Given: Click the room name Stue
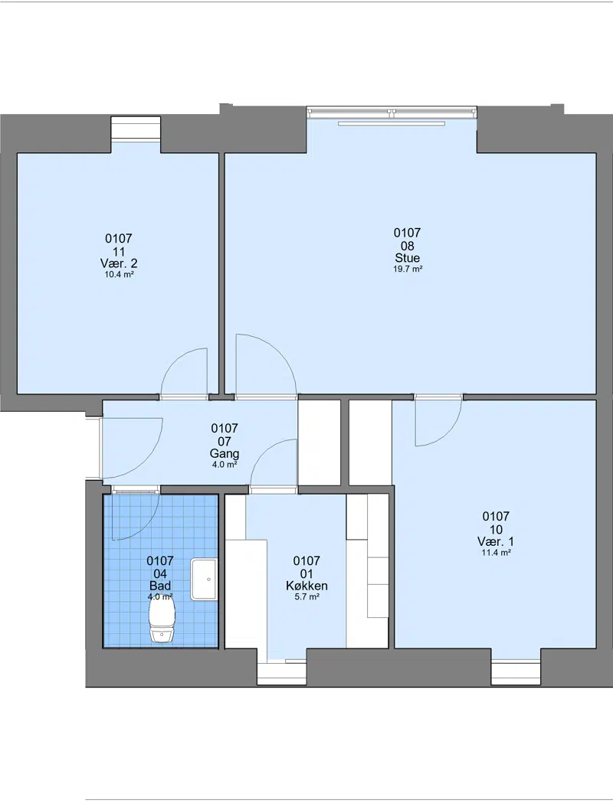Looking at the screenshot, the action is tap(408, 258).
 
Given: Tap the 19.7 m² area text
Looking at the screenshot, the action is tap(408, 269).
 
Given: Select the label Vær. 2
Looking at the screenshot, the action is tap(119, 263).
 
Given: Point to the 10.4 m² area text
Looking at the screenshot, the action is tap(120, 275).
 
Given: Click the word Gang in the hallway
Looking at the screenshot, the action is tap(225, 454).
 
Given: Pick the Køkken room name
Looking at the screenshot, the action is tap(306, 586).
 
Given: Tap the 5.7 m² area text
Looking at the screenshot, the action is tap(306, 596).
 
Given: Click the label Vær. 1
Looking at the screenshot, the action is tap(496, 541).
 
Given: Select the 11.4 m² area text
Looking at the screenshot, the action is tap(497, 553).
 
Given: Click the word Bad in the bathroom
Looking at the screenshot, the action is tap(160, 586).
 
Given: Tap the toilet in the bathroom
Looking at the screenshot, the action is tap(162, 620).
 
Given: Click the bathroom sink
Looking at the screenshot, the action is tap(204, 579).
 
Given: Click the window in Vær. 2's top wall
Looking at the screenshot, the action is tap(136, 128).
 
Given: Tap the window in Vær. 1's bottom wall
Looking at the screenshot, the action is tap(516, 673).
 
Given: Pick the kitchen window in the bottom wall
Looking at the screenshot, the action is tap(282, 673).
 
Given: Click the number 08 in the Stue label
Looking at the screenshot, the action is tap(408, 246).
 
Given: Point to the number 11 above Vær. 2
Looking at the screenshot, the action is tap(119, 252).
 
